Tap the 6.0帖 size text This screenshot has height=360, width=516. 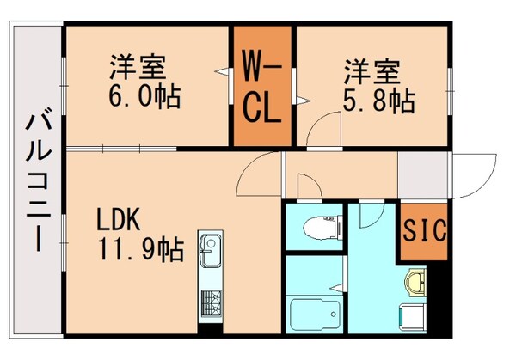[144, 96]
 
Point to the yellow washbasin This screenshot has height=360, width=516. [414, 283]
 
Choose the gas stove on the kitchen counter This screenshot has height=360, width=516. [212, 302]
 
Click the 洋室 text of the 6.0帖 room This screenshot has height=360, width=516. [136, 65]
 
